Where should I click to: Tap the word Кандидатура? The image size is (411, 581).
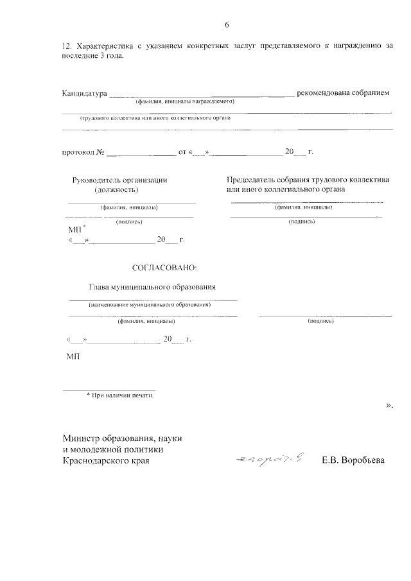click(84, 93)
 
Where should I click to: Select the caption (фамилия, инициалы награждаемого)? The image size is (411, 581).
click(184, 101)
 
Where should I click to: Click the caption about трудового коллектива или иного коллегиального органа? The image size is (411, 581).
click(155, 118)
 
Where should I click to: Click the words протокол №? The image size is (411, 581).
click(83, 152)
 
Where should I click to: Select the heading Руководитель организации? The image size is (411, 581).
click(120, 180)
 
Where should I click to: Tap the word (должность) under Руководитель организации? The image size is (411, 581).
click(116, 190)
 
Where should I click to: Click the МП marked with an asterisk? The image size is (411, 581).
click(75, 229)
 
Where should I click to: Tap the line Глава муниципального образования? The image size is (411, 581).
click(152, 287)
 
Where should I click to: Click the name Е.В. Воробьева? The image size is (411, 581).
click(353, 461)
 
